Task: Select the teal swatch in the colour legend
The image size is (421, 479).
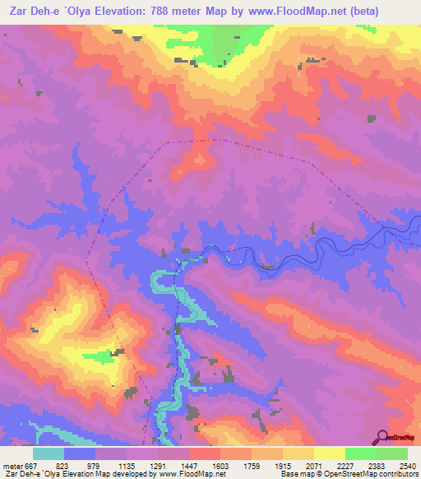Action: coord(49,453)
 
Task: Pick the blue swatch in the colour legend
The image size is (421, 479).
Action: coord(80,453)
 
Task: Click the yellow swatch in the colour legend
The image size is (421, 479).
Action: coord(329,453)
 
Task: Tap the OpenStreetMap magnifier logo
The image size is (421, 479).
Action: coord(382,437)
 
